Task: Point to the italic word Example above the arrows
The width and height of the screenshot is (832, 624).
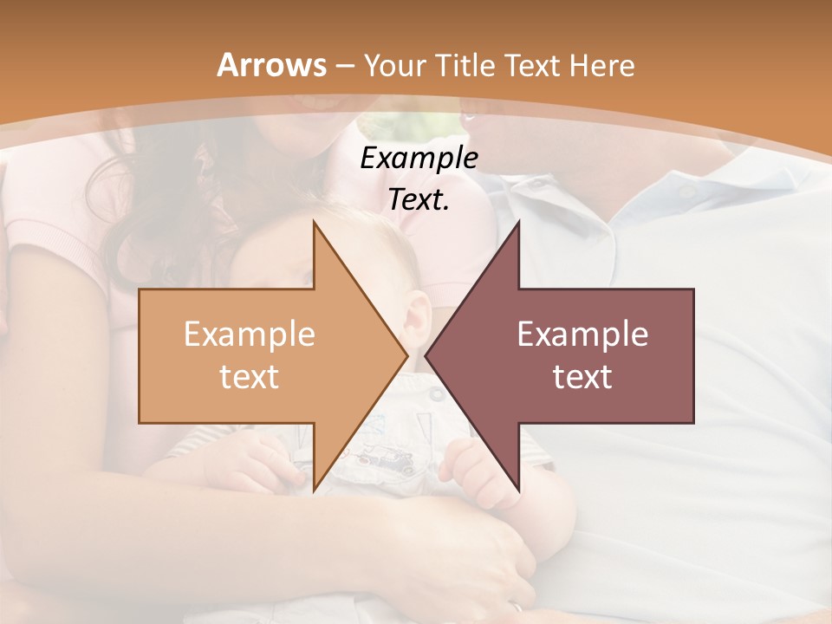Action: coord(419,159)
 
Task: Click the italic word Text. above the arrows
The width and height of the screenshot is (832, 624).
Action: coord(419,200)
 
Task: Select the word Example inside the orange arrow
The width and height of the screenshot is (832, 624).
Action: coord(249,335)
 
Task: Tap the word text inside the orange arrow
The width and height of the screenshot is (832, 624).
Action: coord(249,376)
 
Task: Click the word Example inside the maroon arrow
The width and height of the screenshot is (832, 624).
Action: coord(582,335)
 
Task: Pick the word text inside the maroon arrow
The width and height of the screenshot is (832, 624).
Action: coord(582,376)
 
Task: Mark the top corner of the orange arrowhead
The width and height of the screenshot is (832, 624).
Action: coord(314,221)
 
